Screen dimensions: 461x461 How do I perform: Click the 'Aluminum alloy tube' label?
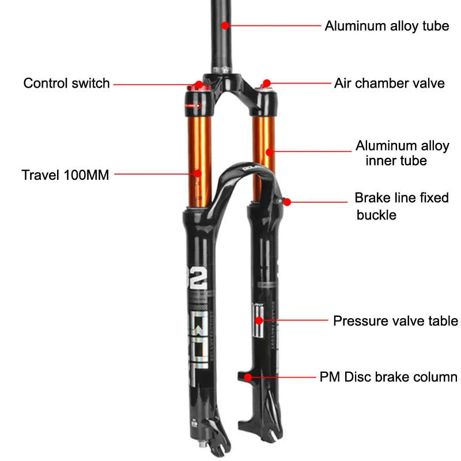[386, 26]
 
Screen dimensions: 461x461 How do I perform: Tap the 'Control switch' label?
[66, 83]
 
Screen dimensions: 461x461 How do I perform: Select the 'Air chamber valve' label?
[389, 83]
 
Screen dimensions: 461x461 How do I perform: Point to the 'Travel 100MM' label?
[65, 175]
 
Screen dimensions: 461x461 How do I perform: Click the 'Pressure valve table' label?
[395, 321]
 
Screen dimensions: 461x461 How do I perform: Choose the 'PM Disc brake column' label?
[388, 377]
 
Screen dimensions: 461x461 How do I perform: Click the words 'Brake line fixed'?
[401, 198]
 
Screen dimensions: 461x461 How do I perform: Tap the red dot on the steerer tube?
[226, 25]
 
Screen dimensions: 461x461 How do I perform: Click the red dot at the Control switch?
[199, 84]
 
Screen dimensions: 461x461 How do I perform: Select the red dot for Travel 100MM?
[197, 173]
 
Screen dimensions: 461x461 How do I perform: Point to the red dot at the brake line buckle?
[287, 202]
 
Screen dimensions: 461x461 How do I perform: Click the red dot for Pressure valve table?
[259, 320]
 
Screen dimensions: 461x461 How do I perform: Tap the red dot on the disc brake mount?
[248, 377]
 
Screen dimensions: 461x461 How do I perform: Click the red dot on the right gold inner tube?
[269, 152]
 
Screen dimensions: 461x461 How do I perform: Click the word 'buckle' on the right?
[376, 216]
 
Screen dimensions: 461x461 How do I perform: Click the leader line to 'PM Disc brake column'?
[282, 377]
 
